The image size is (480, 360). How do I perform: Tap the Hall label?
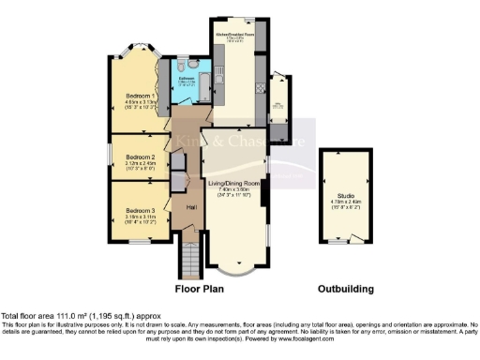click(190, 205)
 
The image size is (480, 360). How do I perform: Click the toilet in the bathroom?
click(180, 67)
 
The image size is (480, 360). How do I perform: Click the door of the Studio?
click(353, 240)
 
